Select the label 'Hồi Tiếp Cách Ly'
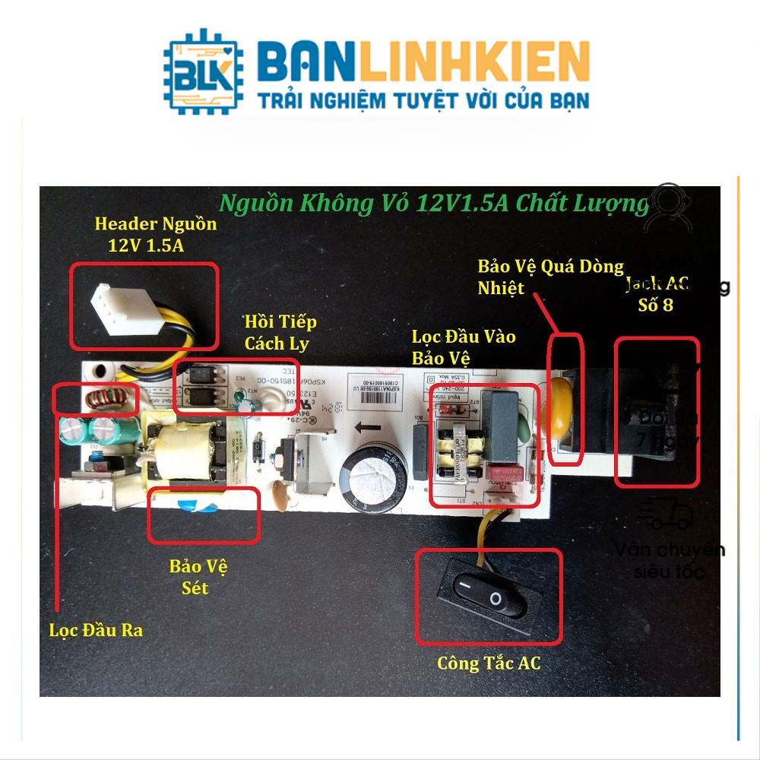pyautogui.click(x=280, y=332)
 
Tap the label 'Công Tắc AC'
pyautogui.click(x=489, y=663)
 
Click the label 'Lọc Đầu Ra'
pyautogui.click(x=96, y=630)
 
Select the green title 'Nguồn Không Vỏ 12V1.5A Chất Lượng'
pyautogui.click(x=434, y=204)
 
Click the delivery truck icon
pyautogui.click(x=667, y=515)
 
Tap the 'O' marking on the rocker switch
pyautogui.click(x=496, y=600)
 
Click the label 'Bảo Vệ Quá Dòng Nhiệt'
pyautogui.click(x=550, y=277)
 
